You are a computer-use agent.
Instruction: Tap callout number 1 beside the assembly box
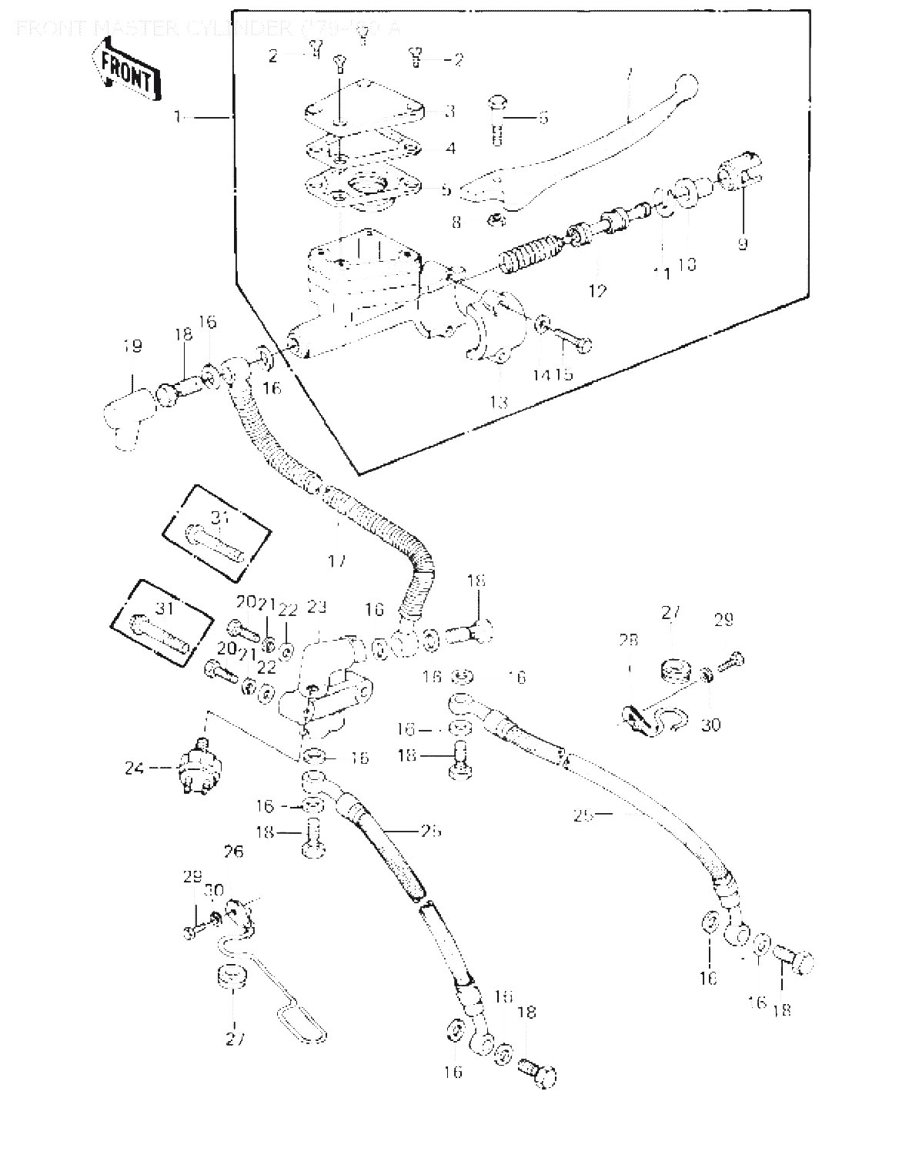(x=178, y=116)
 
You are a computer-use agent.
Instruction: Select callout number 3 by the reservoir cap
(x=450, y=112)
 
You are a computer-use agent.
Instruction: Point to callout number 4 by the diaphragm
(x=450, y=148)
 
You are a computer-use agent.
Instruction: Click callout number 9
(x=742, y=244)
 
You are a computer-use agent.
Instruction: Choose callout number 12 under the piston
(x=597, y=290)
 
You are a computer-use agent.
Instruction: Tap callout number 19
(x=132, y=346)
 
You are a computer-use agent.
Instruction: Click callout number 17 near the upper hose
(x=336, y=561)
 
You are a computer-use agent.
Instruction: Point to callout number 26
(x=234, y=852)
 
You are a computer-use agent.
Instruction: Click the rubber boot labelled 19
(x=125, y=420)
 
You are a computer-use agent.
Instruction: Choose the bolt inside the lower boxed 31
(x=159, y=630)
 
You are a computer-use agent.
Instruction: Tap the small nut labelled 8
(x=496, y=222)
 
